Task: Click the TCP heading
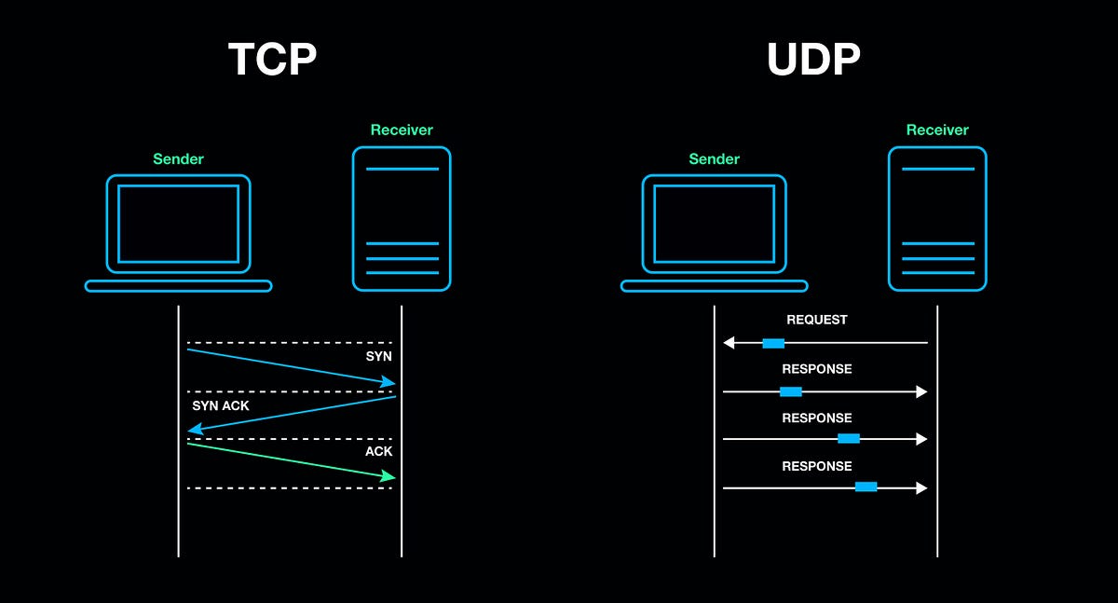coord(272,60)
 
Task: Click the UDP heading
coord(812,60)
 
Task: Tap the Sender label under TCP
coord(178,158)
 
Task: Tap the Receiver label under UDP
coord(937,130)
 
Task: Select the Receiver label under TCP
coord(402,130)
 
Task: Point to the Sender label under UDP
coord(714,158)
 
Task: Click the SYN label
coord(378,357)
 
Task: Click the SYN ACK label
coord(221,405)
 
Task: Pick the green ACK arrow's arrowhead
coord(389,477)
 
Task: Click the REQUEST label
coord(817,320)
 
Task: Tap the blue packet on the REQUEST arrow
coord(773,343)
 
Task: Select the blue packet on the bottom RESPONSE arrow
coord(866,487)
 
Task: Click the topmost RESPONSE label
coord(817,369)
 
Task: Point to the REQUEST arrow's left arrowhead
coord(729,343)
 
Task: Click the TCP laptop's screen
coord(178,224)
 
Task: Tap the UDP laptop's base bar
coord(714,286)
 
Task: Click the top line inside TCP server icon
coord(402,169)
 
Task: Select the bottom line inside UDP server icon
coord(937,273)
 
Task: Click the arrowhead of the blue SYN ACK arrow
coord(194,429)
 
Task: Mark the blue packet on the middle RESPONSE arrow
coord(848,438)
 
